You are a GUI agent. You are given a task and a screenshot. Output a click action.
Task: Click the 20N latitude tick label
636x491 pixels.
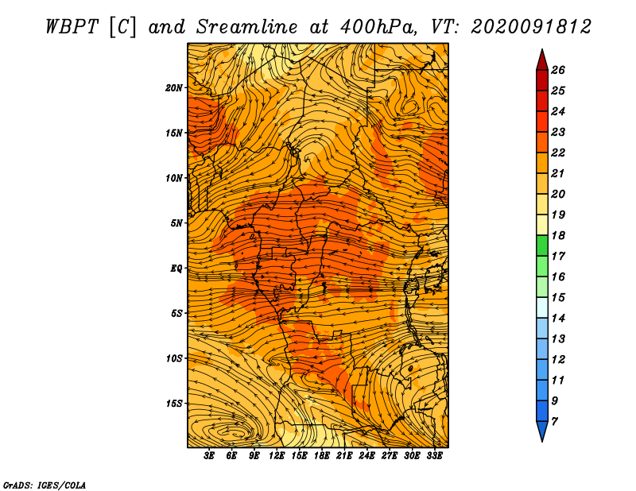(174, 88)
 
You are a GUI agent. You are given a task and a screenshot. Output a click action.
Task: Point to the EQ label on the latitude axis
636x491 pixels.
(176, 269)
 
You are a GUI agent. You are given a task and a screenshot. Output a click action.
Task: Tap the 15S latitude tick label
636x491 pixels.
(174, 404)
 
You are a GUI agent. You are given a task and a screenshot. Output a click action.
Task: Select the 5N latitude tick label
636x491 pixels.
(176, 223)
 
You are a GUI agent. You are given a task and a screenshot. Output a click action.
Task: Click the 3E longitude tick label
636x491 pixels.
(209, 456)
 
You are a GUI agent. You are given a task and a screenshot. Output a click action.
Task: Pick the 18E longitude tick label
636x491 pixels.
(321, 456)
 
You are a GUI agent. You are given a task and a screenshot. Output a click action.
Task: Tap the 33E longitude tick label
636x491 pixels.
(434, 456)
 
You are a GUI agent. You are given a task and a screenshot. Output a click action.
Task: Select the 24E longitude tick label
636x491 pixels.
(366, 456)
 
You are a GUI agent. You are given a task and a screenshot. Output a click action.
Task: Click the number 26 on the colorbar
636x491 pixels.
(558, 70)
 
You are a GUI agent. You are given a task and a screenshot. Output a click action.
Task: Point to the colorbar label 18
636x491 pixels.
(558, 235)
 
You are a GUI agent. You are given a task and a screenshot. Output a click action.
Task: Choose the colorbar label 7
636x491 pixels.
(554, 422)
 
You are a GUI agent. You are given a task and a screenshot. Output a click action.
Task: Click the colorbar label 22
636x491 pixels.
(558, 153)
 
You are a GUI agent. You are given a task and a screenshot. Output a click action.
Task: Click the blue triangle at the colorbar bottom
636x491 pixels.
(542, 430)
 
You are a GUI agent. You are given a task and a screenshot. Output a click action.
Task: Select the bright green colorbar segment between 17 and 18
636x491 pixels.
(542, 246)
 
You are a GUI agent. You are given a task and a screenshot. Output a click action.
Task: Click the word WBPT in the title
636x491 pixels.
(72, 27)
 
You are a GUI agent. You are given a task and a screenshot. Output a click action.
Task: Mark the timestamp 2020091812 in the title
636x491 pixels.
(531, 27)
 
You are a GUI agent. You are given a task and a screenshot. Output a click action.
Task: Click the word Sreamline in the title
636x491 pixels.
(247, 27)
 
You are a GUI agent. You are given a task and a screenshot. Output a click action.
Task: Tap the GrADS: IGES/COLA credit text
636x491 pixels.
(45, 485)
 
